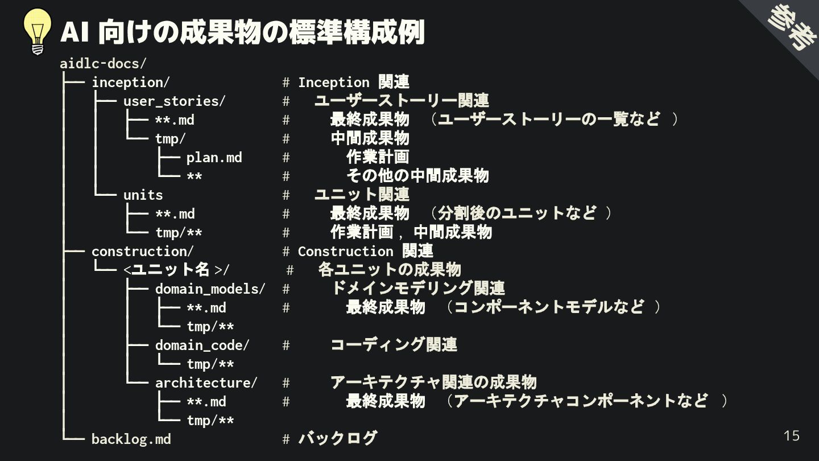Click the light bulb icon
pyautogui.click(x=38, y=32)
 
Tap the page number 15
pyautogui.click(x=791, y=436)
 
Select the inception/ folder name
pyautogui.click(x=130, y=82)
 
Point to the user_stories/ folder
pyautogui.click(x=174, y=101)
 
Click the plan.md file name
pyautogui.click(x=214, y=157)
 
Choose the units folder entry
pyautogui.click(x=143, y=195)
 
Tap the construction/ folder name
pyautogui.click(x=142, y=251)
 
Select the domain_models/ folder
pyautogui.click(x=210, y=289)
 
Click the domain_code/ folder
pyautogui.click(x=202, y=345)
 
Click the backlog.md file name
pyautogui.click(x=131, y=439)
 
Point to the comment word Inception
pyautogui.click(x=333, y=82)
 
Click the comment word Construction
pyautogui.click(x=345, y=251)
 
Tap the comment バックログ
pyautogui.click(x=337, y=438)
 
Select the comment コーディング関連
pyautogui.click(x=394, y=345)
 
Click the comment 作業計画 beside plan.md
pyautogui.click(x=378, y=157)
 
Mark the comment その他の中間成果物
pyautogui.click(x=417, y=176)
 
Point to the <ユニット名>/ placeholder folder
pyautogui.click(x=176, y=270)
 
